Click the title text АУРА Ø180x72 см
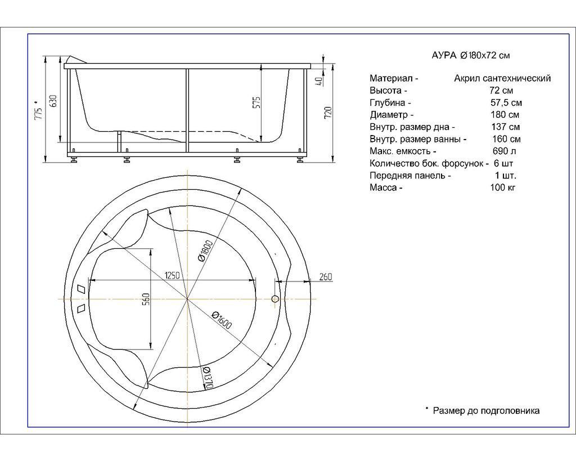(x=471, y=56)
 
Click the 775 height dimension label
(x=38, y=110)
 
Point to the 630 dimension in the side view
(x=53, y=101)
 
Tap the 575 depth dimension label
(x=256, y=102)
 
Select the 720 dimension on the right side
(x=328, y=113)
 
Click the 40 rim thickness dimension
(x=319, y=81)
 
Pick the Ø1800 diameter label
(x=204, y=250)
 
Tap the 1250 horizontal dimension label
(x=172, y=275)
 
